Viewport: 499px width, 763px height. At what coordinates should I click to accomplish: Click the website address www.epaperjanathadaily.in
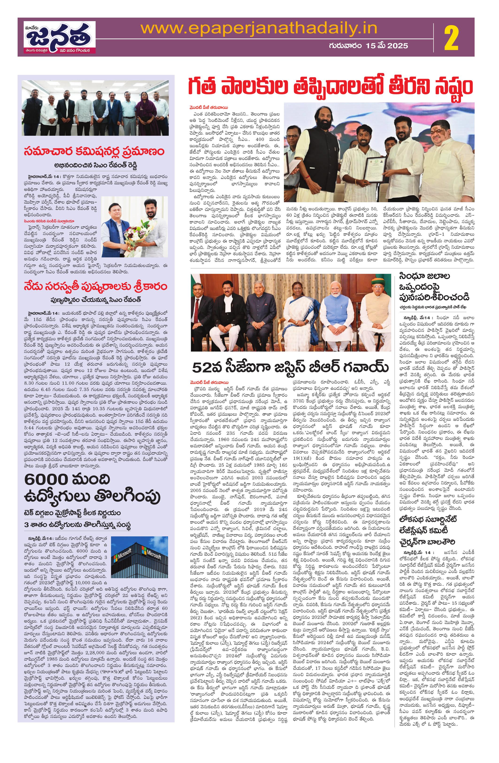click(x=259, y=29)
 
